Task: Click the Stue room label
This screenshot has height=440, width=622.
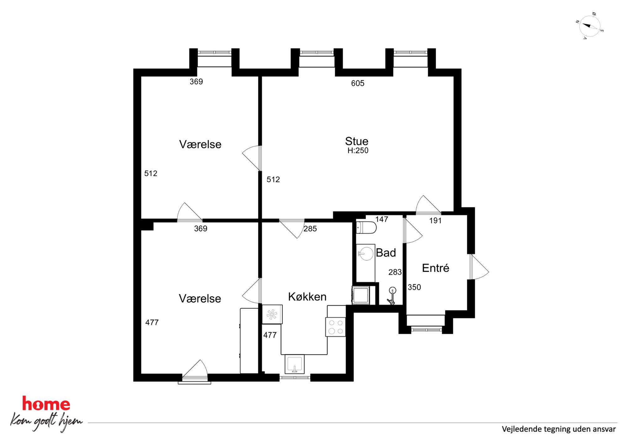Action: click(x=357, y=141)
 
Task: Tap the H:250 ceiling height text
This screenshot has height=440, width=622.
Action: click(x=358, y=151)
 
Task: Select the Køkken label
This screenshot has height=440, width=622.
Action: click(x=307, y=297)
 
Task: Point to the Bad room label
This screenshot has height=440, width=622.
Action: click(x=386, y=253)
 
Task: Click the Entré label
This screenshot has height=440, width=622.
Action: click(x=435, y=268)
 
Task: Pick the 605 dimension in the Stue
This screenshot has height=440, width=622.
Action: click(x=358, y=83)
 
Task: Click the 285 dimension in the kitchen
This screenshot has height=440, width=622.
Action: click(x=310, y=229)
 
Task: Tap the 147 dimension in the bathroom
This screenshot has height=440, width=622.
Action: click(x=382, y=219)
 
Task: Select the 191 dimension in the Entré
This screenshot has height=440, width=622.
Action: click(x=435, y=221)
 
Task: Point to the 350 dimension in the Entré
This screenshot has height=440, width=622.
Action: click(x=414, y=287)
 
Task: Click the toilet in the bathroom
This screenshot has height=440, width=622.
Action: click(x=366, y=228)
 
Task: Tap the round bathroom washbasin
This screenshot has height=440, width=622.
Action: click(x=366, y=253)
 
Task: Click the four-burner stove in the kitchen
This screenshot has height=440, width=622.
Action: click(x=335, y=327)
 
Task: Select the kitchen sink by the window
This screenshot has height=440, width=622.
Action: click(x=294, y=364)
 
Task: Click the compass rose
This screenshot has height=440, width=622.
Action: click(x=590, y=26)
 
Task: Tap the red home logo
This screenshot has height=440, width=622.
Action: click(x=46, y=404)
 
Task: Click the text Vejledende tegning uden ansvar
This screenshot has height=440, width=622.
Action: click(x=559, y=429)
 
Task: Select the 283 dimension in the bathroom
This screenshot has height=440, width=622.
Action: click(x=395, y=272)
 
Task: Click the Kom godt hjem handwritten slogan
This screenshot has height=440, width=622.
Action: click(x=46, y=422)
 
